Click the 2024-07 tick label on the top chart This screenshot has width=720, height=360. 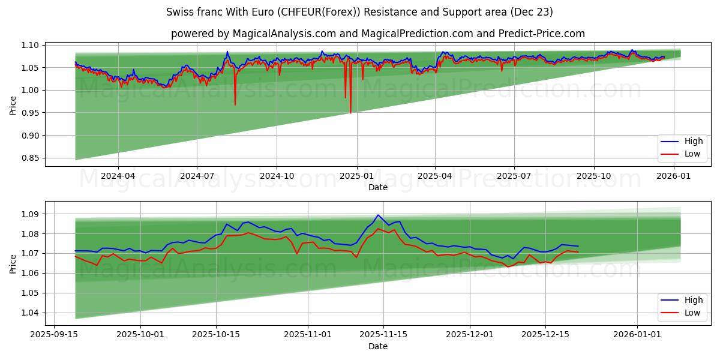point(197,176)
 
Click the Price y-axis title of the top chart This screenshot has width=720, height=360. point(13,105)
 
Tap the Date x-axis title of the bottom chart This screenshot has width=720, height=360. point(378,346)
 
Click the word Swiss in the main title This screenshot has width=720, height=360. point(180,12)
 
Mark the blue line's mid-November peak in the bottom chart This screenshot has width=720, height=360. point(378,215)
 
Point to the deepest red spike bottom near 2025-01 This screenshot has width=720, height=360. point(350,113)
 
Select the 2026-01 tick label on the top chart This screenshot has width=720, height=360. point(674,176)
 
